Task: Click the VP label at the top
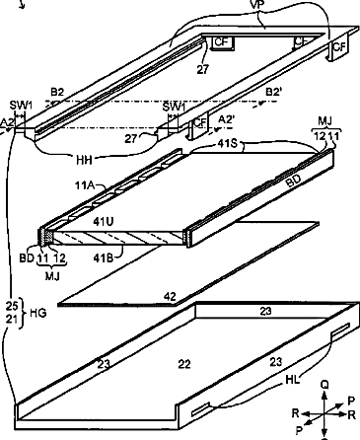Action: coord(257,4)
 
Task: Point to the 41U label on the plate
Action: coord(104,222)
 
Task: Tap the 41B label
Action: coord(103,258)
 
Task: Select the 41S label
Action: coord(227,144)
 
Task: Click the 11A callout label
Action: coord(85,185)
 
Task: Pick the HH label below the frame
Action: coord(84,160)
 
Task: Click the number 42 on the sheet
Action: coord(170,297)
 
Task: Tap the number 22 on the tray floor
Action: coord(184,364)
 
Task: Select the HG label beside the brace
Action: coord(38,313)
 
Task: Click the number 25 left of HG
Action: coord(12,306)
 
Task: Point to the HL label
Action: coord(292,380)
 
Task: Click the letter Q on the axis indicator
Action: coord(324,385)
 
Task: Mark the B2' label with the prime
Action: coord(274,92)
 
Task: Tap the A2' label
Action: coord(227,119)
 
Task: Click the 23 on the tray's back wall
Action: coord(265,311)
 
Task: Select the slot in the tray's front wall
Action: coord(200,408)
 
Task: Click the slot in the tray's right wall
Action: coord(340,330)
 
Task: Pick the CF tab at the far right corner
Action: coord(338,47)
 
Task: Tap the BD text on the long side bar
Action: coord(293,182)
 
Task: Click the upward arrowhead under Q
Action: coord(324,396)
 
